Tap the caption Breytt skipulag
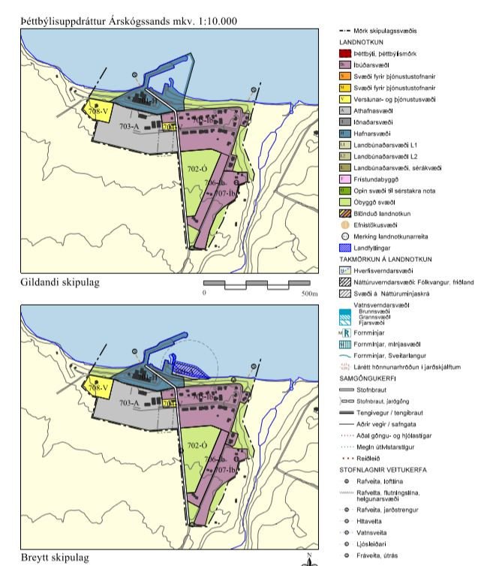(x=57, y=558)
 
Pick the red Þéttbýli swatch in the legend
(x=347, y=54)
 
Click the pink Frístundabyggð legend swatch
(x=347, y=179)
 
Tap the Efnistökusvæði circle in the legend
(x=347, y=224)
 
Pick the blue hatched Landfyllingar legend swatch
(x=347, y=246)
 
